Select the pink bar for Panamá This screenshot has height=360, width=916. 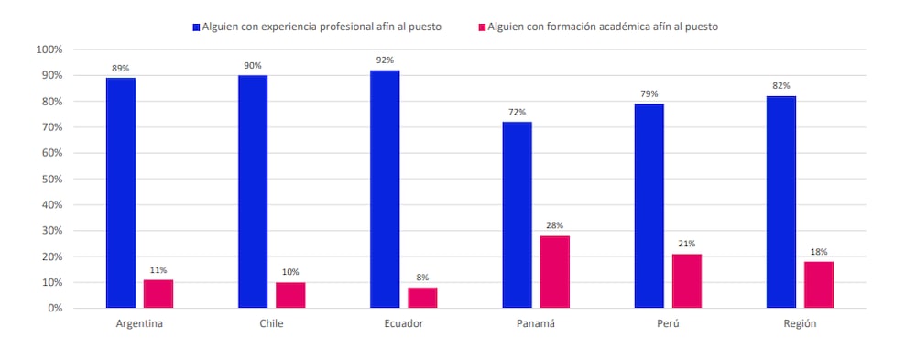554,271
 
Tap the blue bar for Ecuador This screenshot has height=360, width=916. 385,189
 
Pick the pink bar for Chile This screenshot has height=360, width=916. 290,295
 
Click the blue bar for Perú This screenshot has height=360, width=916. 649,205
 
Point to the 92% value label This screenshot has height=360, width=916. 385,60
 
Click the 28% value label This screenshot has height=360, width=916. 554,225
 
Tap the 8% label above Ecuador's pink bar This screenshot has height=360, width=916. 422,278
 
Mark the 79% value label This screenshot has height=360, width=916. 649,93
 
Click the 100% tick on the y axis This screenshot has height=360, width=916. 49,49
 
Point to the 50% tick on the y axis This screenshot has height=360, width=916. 51,179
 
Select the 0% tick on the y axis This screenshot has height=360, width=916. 54,308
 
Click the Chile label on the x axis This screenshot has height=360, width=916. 271,324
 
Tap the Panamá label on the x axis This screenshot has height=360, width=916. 536,324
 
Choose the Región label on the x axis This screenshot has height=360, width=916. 800,324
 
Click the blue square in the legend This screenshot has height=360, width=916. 196,27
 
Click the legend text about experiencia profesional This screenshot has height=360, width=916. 322,27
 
